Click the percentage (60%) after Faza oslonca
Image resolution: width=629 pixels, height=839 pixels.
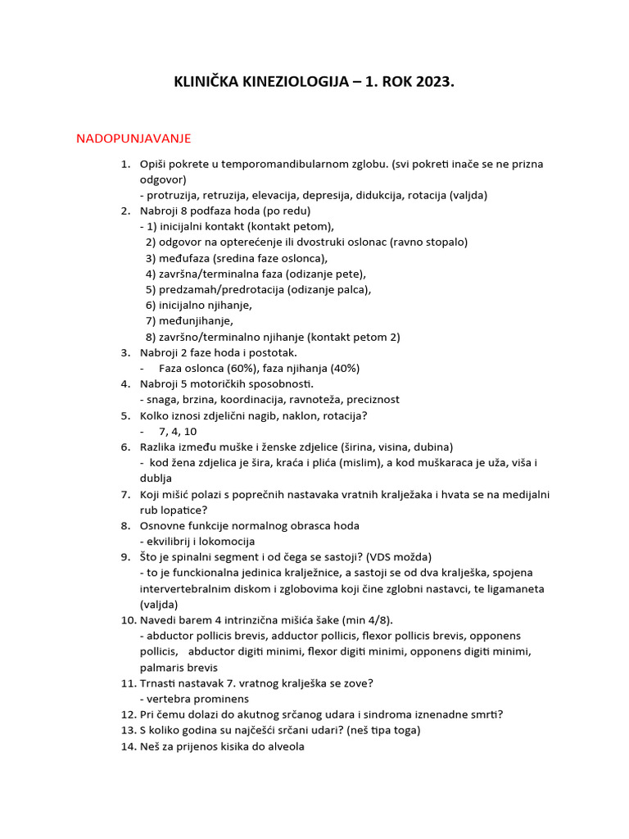coord(229,368)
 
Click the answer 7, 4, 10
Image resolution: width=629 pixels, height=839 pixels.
coord(178,431)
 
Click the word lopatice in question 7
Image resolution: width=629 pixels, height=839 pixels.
coord(164,510)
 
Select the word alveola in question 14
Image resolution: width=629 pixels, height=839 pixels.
coord(284,746)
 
